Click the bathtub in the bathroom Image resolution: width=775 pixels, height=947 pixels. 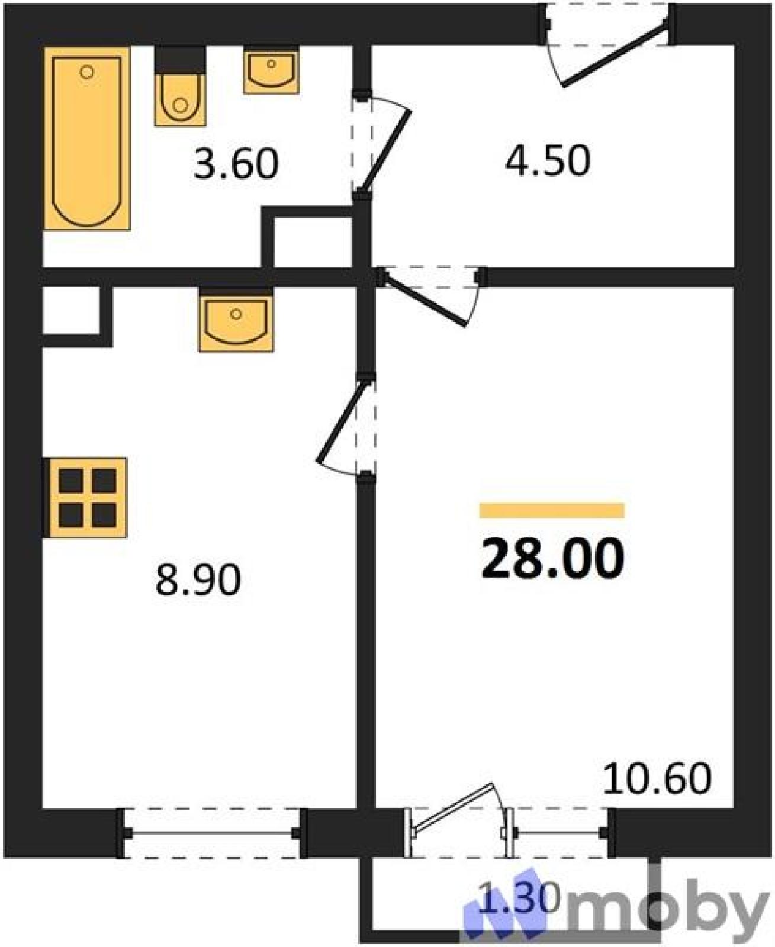pyautogui.click(x=86, y=138)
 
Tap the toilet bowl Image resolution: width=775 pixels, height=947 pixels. pyautogui.click(x=180, y=99)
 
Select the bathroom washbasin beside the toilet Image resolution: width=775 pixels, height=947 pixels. pyautogui.click(x=271, y=72)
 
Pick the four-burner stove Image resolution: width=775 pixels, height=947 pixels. pyautogui.click(x=86, y=498)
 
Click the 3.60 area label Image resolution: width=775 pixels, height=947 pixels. pyautogui.click(x=236, y=164)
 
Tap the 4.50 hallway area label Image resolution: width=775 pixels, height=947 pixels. pyautogui.click(x=547, y=160)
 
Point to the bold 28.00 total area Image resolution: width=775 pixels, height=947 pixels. pyautogui.click(x=552, y=559)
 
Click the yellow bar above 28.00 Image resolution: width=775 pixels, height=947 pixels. pyautogui.click(x=552, y=511)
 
